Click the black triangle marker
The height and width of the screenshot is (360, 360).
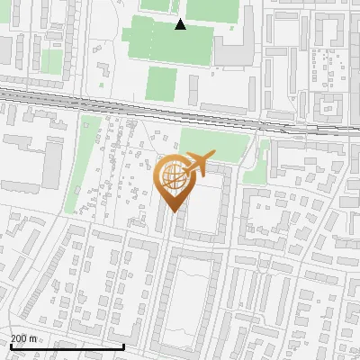pyautogui.click(x=181, y=24)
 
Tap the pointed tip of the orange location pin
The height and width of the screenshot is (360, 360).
pyautogui.click(x=172, y=212)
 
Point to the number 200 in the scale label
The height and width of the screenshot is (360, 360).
pyautogui.click(x=19, y=338)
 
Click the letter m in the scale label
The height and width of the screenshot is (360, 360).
pyautogui.click(x=33, y=338)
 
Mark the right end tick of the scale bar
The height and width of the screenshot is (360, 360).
pyautogui.click(x=123, y=345)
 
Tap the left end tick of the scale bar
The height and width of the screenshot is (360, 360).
pyautogui.click(x=10, y=345)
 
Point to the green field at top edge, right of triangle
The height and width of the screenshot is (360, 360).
pyautogui.click(x=209, y=8)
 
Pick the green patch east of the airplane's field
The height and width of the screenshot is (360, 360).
pyautogui.click(x=256, y=162)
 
